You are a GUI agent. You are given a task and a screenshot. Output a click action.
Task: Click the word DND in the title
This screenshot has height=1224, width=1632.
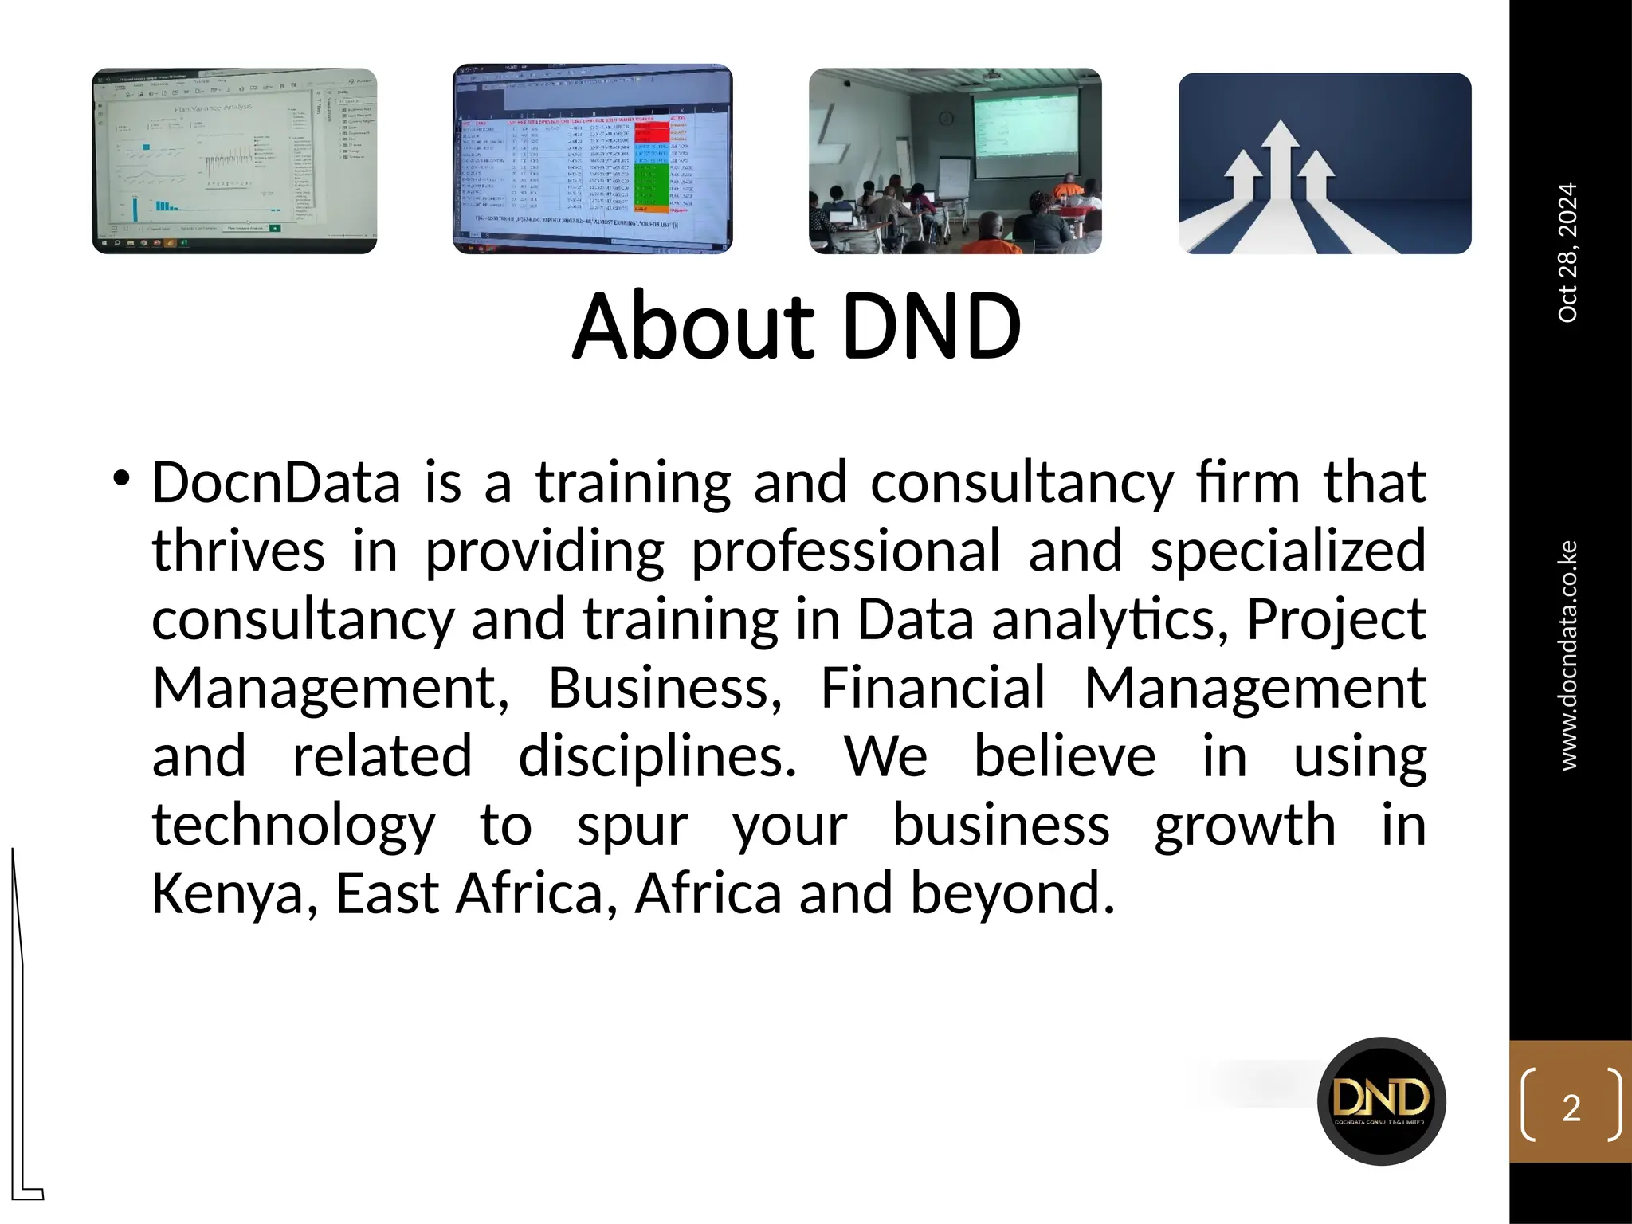[931, 327]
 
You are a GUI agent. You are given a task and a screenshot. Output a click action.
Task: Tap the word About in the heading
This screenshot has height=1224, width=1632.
[693, 327]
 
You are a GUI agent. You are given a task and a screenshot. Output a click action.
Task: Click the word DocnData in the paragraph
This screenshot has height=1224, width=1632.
[276, 483]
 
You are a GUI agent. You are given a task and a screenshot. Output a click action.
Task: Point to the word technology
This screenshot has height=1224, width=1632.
[293, 826]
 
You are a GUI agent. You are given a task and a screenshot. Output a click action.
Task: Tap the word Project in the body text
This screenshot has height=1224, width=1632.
[1336, 620]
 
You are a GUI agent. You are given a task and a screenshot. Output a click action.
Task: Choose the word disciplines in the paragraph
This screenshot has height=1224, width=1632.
[657, 756]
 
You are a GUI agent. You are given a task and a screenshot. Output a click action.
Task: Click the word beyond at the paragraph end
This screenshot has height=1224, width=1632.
[1012, 894]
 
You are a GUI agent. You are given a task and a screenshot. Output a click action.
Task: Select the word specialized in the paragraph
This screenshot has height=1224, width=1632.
[1288, 551]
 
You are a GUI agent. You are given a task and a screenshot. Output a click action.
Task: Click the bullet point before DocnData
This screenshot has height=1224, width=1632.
[121, 480]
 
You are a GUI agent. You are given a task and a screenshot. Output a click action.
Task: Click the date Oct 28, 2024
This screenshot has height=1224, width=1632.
[1567, 253]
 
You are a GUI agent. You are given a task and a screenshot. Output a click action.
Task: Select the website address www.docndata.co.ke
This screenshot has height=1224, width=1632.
[1567, 655]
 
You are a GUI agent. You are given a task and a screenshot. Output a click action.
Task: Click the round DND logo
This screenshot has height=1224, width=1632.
[1382, 1101]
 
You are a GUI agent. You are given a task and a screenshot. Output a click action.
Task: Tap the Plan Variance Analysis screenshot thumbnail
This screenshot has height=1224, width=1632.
[234, 161]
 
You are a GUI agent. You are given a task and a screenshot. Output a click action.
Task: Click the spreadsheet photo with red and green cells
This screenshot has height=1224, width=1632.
[592, 159]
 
